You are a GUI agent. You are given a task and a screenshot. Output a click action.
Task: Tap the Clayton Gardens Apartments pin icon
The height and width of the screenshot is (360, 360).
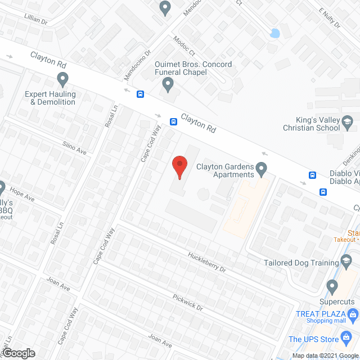(x=261, y=168)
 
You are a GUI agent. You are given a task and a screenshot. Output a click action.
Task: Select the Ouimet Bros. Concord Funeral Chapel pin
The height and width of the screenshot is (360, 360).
(x=168, y=85)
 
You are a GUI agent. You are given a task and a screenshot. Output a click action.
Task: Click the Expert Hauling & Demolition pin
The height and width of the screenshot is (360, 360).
(x=62, y=79)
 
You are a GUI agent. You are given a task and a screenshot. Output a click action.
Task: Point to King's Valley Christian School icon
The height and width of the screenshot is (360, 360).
(x=348, y=121)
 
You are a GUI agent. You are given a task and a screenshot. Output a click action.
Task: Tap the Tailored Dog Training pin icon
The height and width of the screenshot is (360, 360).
(x=348, y=262)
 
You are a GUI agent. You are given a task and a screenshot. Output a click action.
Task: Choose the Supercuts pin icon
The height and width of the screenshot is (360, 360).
(x=332, y=288)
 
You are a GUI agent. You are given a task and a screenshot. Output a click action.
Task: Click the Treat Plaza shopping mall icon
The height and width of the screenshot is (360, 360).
(x=353, y=313)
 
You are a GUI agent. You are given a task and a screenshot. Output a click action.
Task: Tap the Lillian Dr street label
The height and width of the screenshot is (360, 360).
(x=37, y=19)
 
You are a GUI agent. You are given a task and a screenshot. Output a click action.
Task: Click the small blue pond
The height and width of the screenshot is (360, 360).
(x=274, y=33)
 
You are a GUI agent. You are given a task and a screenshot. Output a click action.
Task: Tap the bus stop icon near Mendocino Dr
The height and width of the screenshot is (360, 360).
(x=140, y=94)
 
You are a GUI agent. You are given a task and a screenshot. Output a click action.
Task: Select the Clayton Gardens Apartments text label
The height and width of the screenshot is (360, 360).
(x=225, y=170)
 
